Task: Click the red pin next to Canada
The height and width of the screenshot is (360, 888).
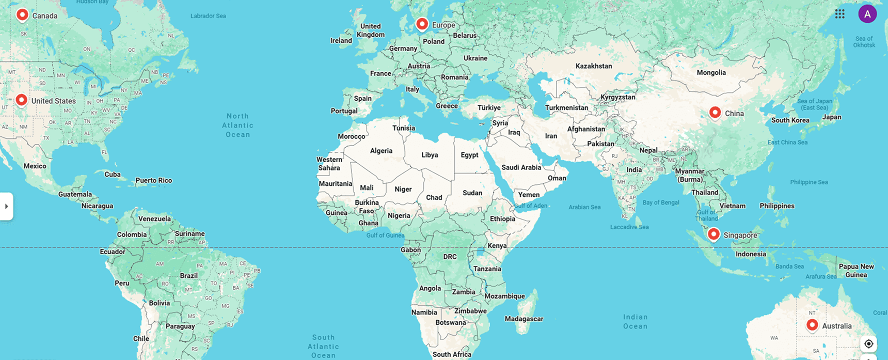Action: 22,15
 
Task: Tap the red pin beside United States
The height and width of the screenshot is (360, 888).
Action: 21,100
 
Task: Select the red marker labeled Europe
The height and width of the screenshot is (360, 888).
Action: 422,24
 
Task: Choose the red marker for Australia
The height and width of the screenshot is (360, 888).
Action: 812,325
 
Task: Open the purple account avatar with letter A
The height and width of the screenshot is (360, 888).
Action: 867,14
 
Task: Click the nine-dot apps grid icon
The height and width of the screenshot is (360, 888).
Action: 840,14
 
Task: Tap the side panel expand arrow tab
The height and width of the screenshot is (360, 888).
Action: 6,206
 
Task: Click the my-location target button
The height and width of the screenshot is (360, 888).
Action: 869,343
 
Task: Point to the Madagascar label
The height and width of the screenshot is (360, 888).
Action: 524,319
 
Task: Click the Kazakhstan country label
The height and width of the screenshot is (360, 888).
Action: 594,66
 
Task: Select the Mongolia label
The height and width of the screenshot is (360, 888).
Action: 711,73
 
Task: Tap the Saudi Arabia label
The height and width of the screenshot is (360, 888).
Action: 521,167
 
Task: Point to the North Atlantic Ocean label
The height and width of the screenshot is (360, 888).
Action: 238,126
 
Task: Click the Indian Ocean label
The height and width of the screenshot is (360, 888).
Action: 635,321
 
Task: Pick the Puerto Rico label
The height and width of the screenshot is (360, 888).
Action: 153,180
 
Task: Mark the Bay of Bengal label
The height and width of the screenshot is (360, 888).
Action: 661,202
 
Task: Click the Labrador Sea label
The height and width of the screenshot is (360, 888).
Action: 208,16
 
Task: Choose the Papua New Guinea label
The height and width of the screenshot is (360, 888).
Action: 856,271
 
